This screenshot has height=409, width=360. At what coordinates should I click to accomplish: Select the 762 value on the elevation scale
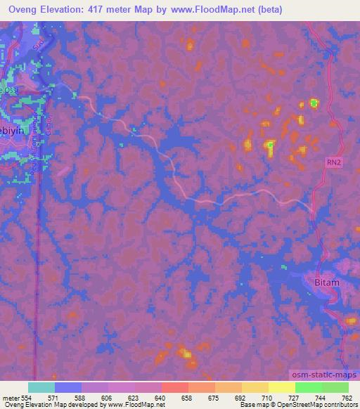(347, 397)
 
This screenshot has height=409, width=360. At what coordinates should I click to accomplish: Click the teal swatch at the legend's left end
(41, 387)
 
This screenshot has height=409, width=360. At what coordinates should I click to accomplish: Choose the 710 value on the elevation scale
(268, 397)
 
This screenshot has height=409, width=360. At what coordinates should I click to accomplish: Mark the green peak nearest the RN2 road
(314, 104)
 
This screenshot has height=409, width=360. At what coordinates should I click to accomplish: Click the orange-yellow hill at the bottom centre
(185, 353)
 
